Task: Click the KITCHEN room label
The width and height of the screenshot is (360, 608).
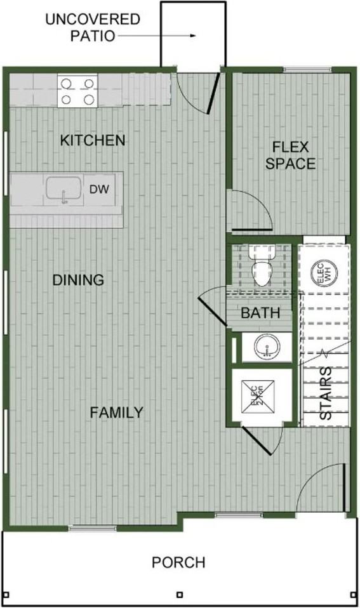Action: point(93,140)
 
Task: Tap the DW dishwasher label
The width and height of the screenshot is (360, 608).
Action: point(97,188)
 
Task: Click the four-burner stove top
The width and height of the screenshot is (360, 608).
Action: point(77,91)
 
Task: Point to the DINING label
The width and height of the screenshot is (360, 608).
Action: point(78,280)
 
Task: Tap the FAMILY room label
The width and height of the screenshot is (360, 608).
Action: point(116,413)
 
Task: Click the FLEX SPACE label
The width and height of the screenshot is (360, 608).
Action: point(290,155)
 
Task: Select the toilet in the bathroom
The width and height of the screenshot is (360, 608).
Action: point(261,267)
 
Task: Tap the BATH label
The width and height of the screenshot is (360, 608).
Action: point(260,313)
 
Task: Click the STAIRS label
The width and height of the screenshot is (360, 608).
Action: point(324,393)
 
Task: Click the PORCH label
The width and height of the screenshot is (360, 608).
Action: point(178,562)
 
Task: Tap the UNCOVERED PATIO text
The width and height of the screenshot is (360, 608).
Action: point(92,27)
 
